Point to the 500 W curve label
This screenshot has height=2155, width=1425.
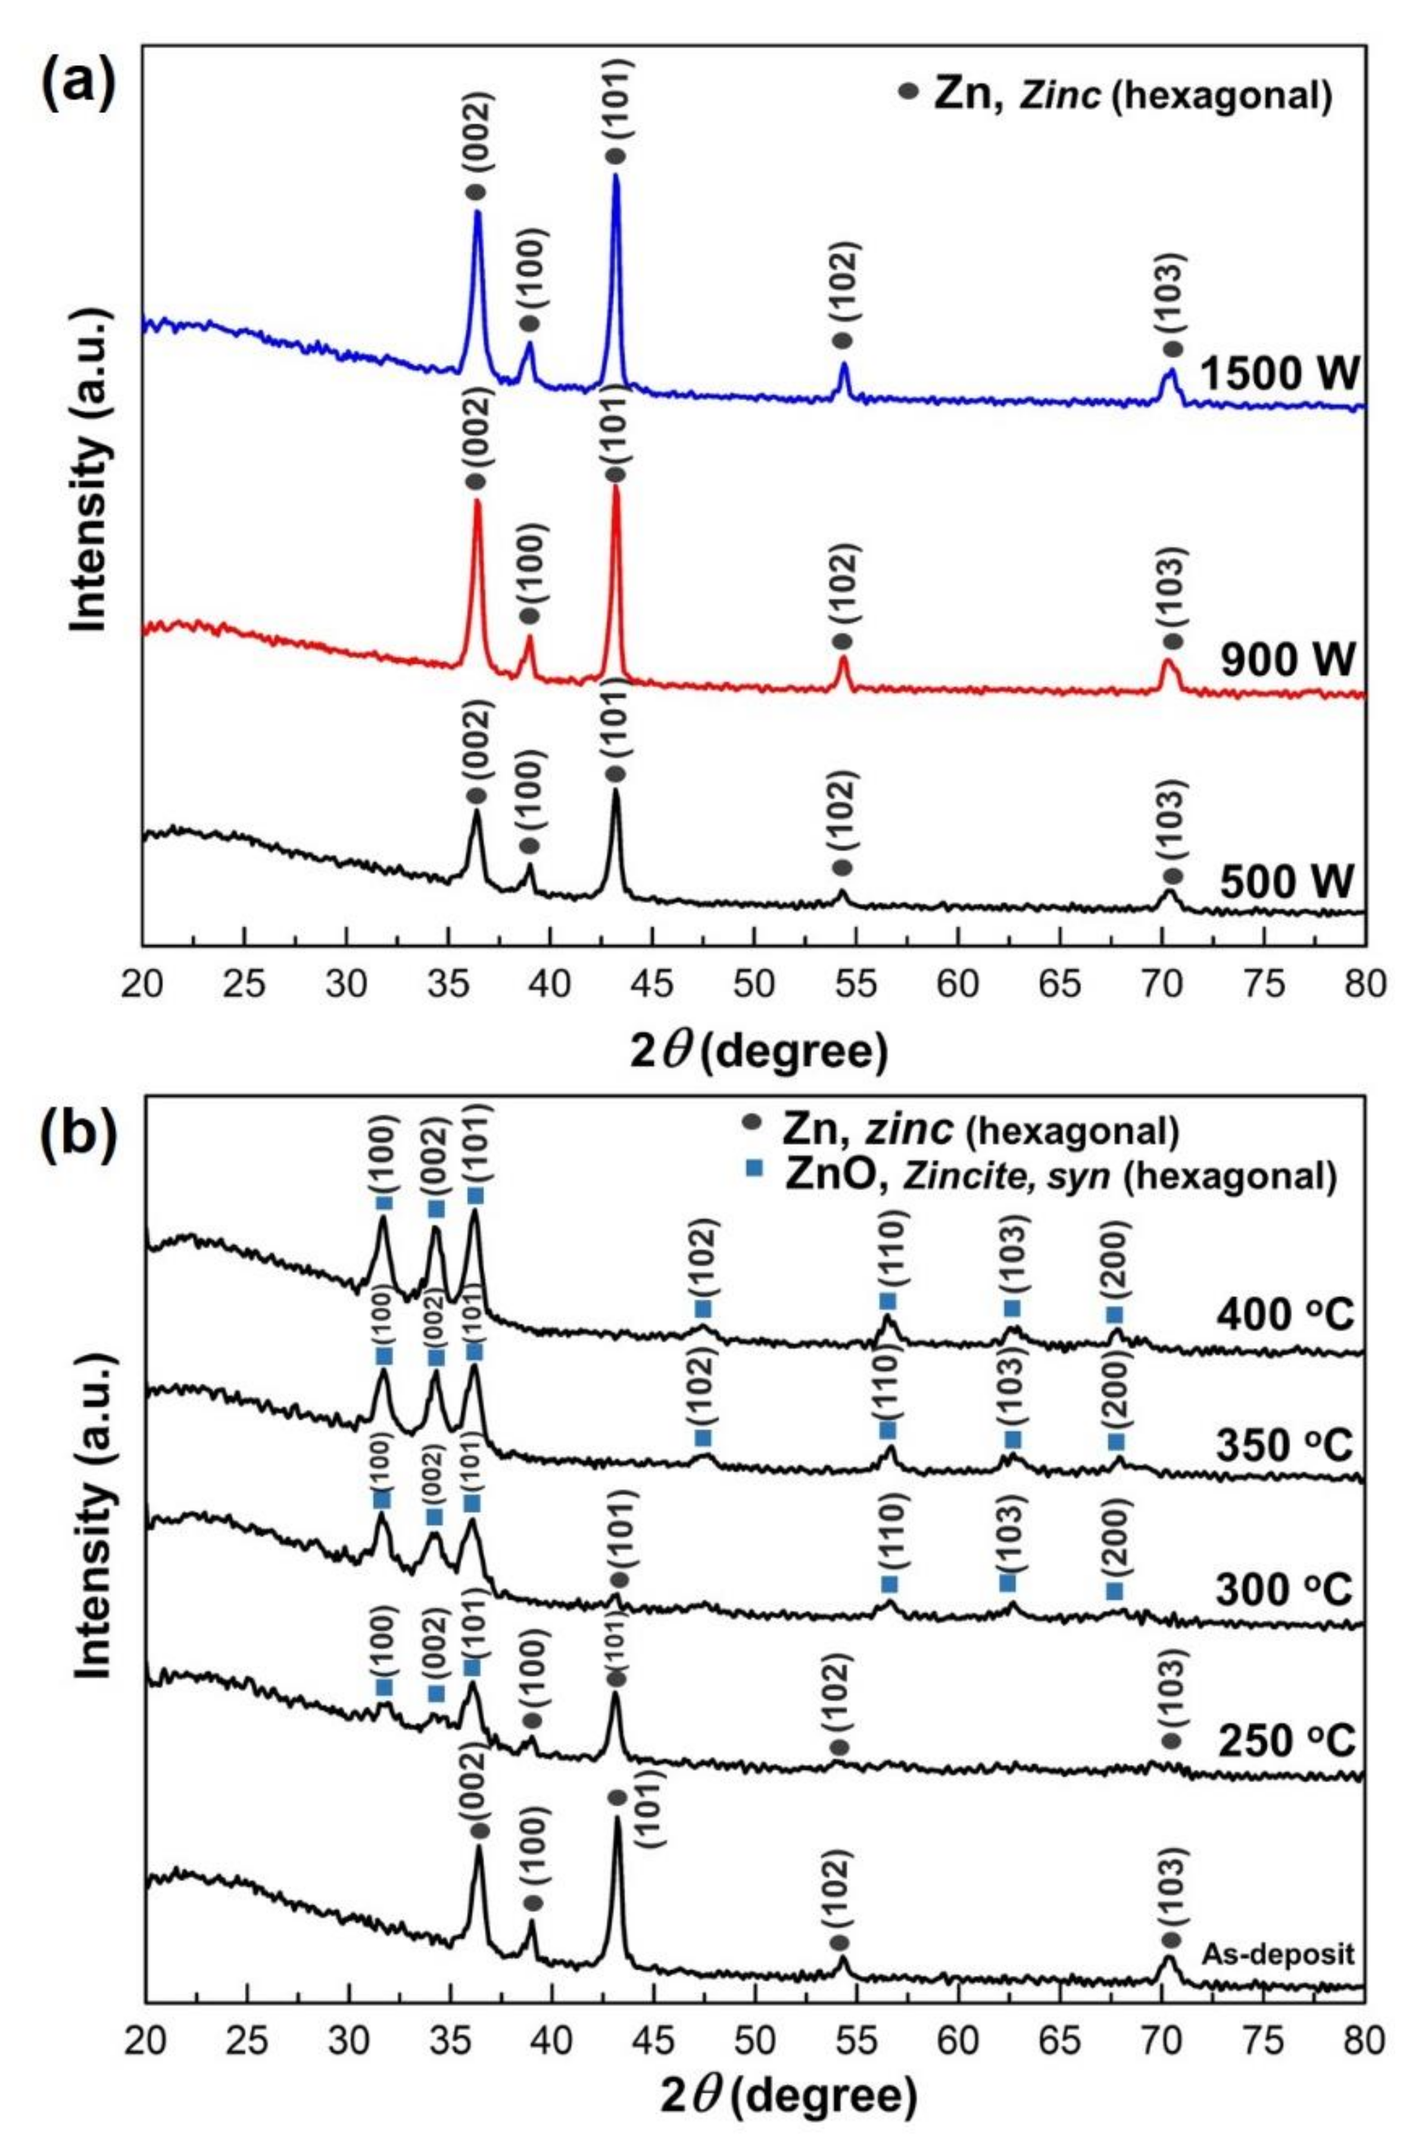1288,882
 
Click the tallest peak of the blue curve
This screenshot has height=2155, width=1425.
616,177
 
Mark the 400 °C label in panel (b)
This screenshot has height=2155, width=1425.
1284,1315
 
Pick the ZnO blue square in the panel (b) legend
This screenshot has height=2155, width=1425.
753,1175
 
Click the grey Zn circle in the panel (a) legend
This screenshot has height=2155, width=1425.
906,92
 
